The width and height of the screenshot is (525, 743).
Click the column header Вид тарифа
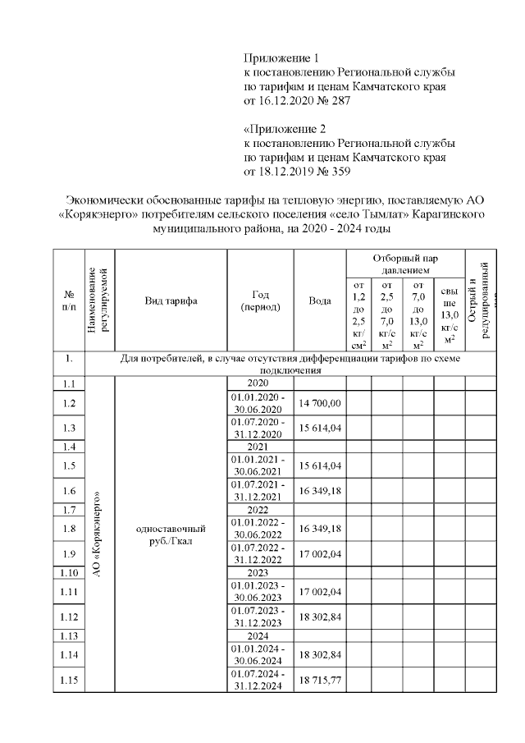click(x=171, y=301)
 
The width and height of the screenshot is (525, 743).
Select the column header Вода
click(x=319, y=301)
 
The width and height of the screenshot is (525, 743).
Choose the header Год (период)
click(x=259, y=301)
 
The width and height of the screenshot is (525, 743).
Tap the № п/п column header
click(x=68, y=301)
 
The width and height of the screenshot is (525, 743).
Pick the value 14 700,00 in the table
click(x=319, y=403)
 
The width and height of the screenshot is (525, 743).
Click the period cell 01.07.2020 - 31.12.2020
click(x=259, y=429)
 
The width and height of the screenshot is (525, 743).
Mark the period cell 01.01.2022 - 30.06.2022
click(x=259, y=529)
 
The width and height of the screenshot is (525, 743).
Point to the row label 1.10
click(x=68, y=571)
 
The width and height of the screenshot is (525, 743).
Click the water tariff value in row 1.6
click(x=319, y=491)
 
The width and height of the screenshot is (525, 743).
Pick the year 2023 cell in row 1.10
click(x=259, y=571)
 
